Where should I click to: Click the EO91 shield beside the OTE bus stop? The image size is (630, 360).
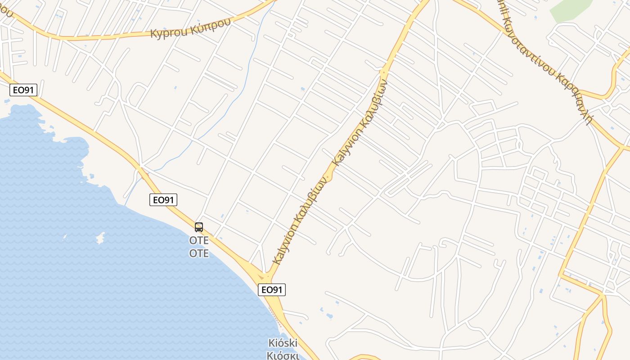tap(163, 200)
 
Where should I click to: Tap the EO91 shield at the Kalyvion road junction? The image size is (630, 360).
tap(272, 290)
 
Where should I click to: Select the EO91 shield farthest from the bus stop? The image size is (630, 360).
tap(23, 90)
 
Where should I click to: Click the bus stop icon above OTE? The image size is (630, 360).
tap(199, 227)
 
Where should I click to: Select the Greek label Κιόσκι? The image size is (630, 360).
tap(283, 355)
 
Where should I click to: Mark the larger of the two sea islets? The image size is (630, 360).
tap(100, 237)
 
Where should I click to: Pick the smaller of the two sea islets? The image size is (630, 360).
tap(64, 237)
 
